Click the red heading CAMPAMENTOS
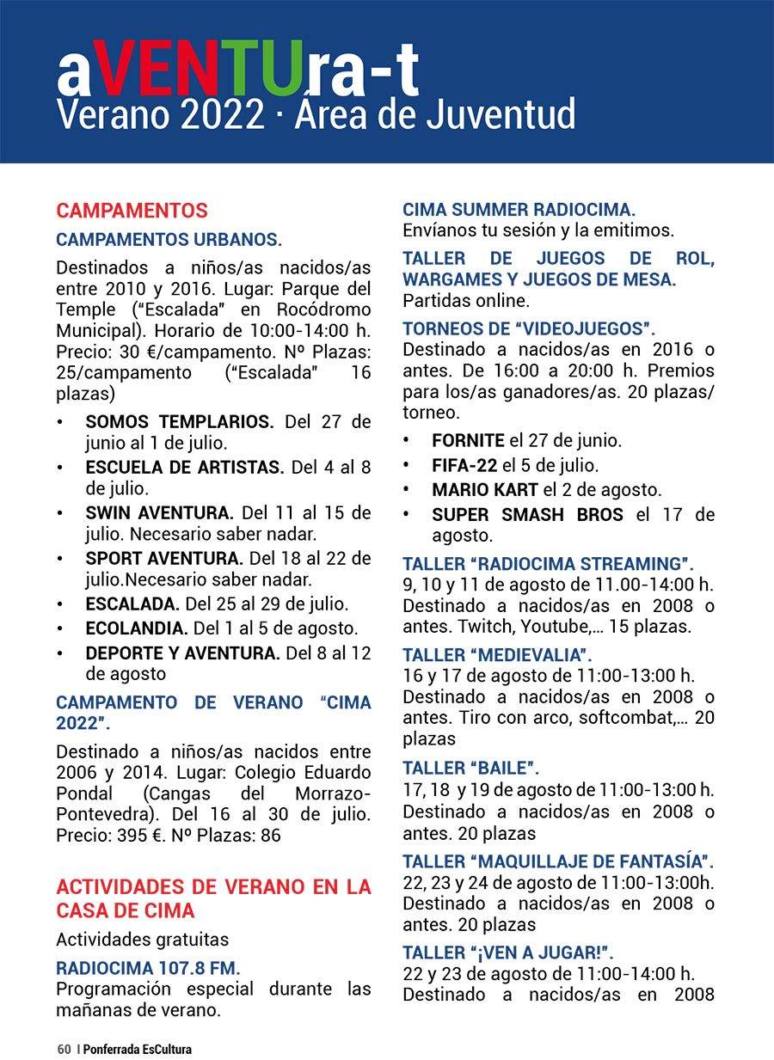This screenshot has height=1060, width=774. [x=132, y=211]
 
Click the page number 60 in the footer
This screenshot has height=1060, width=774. [x=64, y=1049]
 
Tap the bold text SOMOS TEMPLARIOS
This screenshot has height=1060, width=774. [x=179, y=422]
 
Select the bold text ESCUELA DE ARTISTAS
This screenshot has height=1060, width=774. [x=184, y=468]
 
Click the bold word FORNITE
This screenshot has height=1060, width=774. [x=468, y=441]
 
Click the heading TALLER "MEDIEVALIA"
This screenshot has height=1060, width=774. [x=498, y=654]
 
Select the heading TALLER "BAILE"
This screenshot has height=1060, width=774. [x=471, y=768]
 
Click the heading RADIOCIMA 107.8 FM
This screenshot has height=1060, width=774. [x=148, y=967]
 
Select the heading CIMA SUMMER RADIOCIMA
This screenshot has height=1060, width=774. [x=519, y=210]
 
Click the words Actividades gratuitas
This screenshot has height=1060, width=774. [x=142, y=940]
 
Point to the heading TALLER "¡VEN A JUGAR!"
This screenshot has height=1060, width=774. [x=508, y=952]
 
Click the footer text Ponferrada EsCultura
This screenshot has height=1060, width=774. [x=138, y=1049]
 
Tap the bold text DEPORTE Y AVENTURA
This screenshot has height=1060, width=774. [x=182, y=653]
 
